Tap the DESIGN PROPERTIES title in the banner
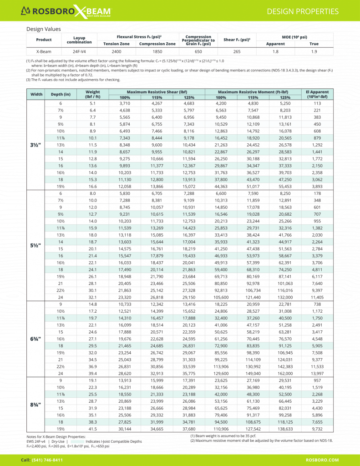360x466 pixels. pyautogui.click(x=302, y=11)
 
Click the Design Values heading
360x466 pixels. pyautogui.click(x=44, y=29)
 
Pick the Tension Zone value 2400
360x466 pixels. pyautogui.click(x=117, y=51)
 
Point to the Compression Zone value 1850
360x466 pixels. pyautogui.click(x=157, y=51)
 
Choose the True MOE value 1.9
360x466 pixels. pyautogui.click(x=314, y=51)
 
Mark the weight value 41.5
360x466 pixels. pyautogui.click(x=92, y=429)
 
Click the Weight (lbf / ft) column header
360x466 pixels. pyautogui.click(x=92, y=94)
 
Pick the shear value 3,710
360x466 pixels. pyautogui.click(x=124, y=103)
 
